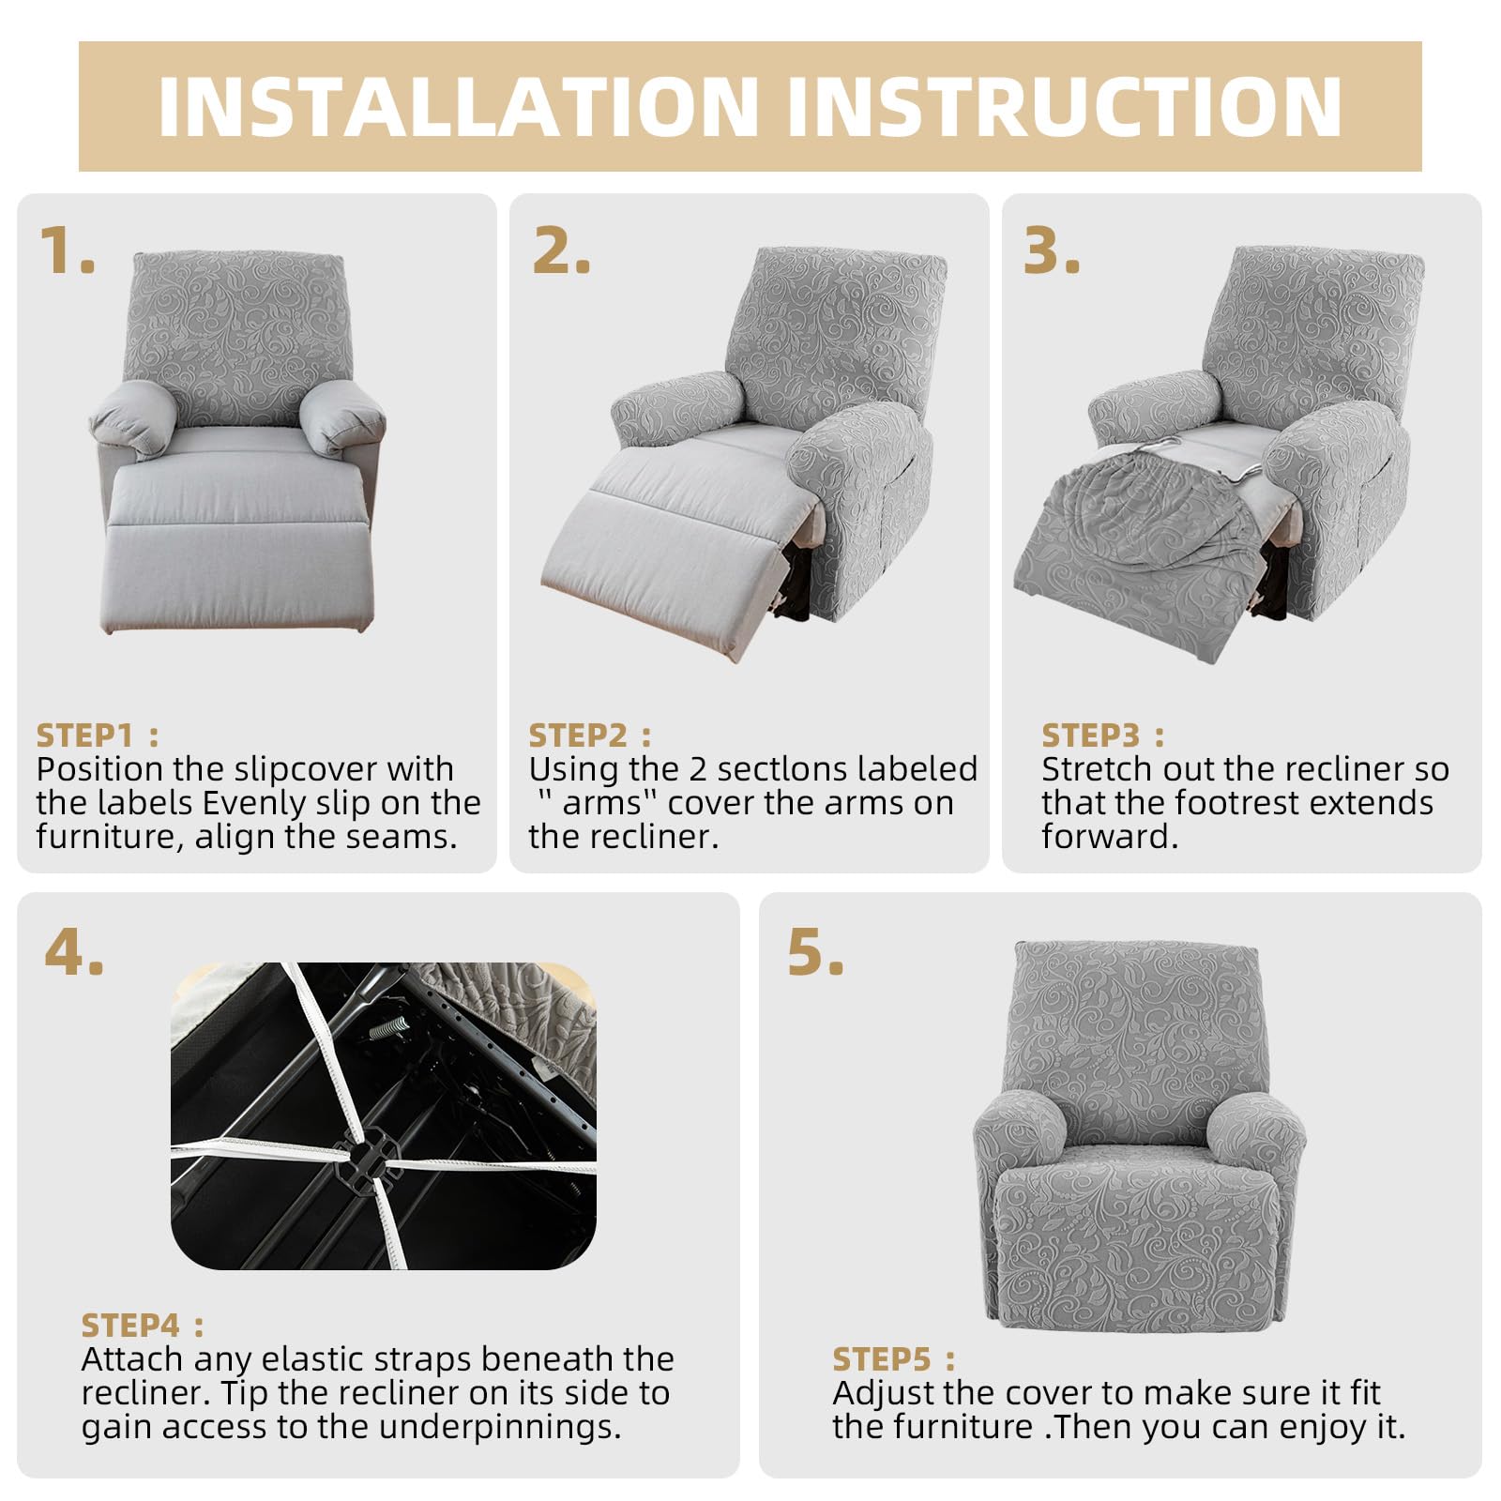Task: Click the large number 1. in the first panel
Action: click(x=68, y=250)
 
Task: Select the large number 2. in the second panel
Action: click(x=561, y=250)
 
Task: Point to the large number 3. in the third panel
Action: click(x=1052, y=250)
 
